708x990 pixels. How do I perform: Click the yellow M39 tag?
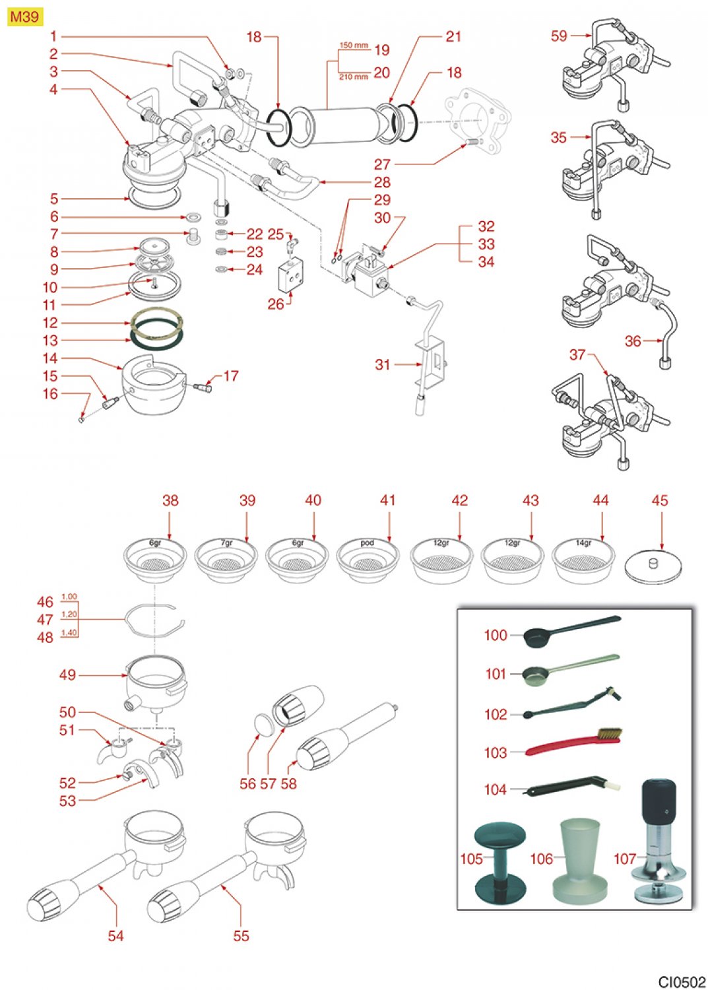(24, 16)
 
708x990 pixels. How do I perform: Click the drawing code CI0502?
(681, 981)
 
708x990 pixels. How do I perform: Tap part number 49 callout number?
(67, 675)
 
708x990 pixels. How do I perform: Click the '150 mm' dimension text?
(354, 46)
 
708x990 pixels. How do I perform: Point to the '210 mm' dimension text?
(354, 77)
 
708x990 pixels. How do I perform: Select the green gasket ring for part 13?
(156, 341)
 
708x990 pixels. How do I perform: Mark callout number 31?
(383, 364)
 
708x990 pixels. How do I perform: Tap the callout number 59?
(559, 36)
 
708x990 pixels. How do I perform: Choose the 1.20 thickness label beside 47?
(69, 614)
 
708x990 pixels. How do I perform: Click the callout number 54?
(115, 936)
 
